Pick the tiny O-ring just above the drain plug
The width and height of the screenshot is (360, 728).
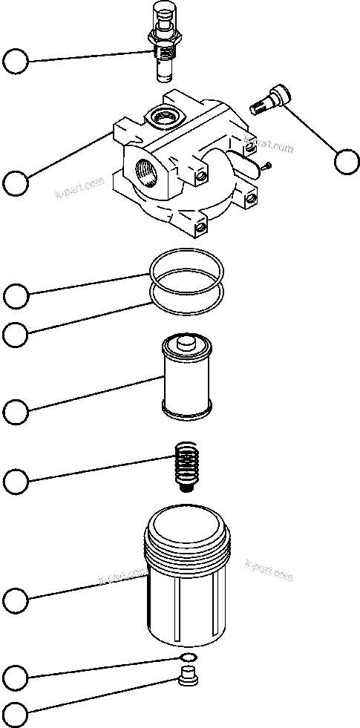(189, 658)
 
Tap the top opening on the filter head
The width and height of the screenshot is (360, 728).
(160, 115)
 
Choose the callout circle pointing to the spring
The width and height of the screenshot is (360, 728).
(16, 482)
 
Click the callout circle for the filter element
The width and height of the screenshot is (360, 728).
(16, 410)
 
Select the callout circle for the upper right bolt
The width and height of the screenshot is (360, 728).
(347, 161)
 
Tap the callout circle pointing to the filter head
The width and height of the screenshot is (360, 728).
(16, 182)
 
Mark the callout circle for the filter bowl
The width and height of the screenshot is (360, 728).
(16, 599)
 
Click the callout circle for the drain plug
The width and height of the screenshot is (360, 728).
(16, 715)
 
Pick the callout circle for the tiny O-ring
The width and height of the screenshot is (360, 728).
(16, 677)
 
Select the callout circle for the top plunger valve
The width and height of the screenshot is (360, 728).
(16, 61)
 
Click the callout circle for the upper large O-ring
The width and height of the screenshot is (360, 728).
(16, 296)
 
